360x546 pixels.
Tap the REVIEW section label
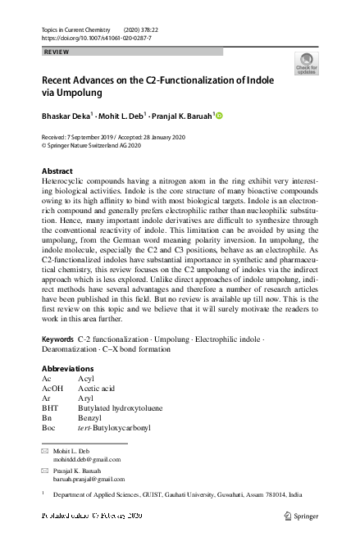(55, 52)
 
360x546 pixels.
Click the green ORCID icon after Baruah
(219, 116)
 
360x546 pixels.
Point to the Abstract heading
(57, 171)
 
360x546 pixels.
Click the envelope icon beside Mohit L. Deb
(44, 451)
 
